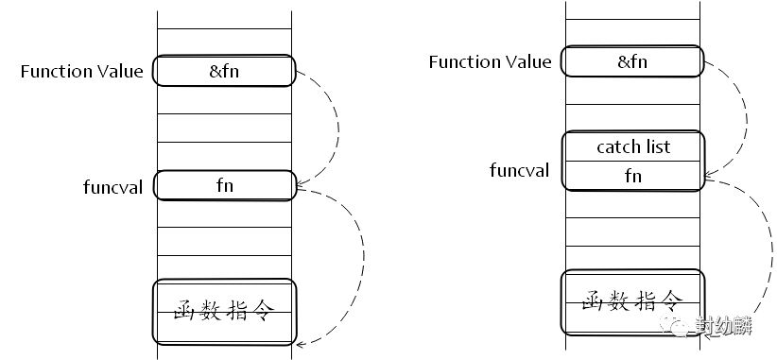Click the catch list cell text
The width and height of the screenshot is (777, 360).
click(x=633, y=146)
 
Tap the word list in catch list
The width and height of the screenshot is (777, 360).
click(x=658, y=146)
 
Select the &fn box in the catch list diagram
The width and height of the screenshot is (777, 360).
click(x=632, y=61)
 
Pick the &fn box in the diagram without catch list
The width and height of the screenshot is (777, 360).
click(x=224, y=70)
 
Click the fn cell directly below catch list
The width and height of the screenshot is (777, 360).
click(x=632, y=176)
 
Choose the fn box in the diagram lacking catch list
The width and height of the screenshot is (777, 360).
click(x=225, y=185)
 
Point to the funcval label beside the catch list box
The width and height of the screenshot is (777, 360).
click(x=519, y=170)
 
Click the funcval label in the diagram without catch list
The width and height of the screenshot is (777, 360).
click(x=113, y=187)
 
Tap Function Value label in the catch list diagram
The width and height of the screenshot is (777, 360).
click(x=490, y=62)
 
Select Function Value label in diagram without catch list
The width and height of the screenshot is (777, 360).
click(x=81, y=71)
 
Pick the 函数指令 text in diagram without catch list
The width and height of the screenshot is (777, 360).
click(x=224, y=310)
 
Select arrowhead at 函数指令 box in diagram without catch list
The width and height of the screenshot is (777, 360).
click(x=301, y=343)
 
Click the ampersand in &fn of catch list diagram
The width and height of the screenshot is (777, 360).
click(x=623, y=62)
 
